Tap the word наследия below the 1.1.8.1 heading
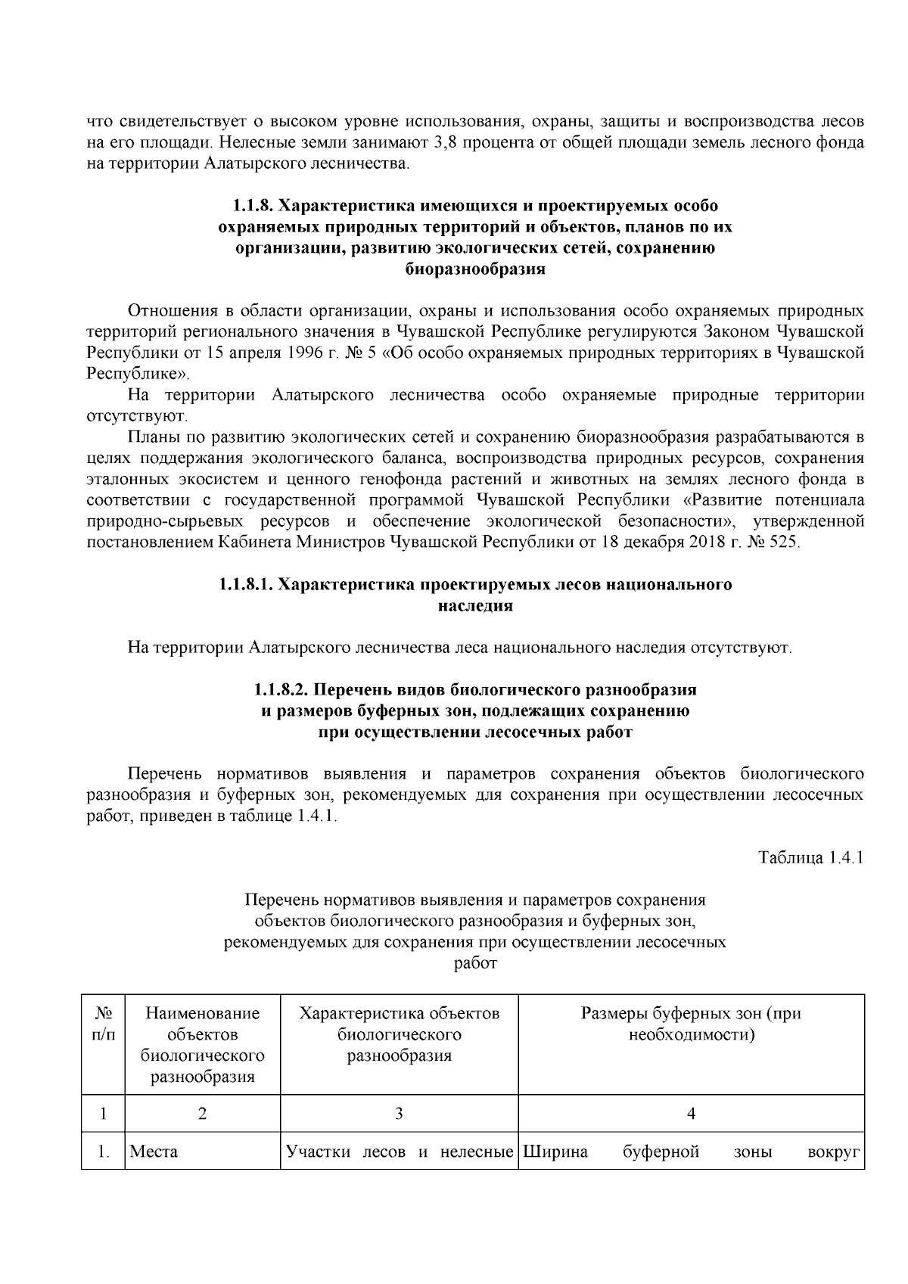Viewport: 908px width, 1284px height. pyautogui.click(x=475, y=606)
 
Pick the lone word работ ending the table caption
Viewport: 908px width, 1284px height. pyautogui.click(x=475, y=964)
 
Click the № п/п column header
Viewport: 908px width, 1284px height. pyautogui.click(x=104, y=1024)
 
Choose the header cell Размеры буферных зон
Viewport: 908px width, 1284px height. pyautogui.click(x=691, y=1024)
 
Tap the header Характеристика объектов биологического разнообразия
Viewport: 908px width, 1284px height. pyautogui.click(x=399, y=1034)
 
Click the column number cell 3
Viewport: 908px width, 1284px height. pyautogui.click(x=399, y=1113)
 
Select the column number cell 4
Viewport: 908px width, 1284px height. pyautogui.click(x=691, y=1113)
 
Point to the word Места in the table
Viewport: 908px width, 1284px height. pyautogui.click(x=154, y=1152)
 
